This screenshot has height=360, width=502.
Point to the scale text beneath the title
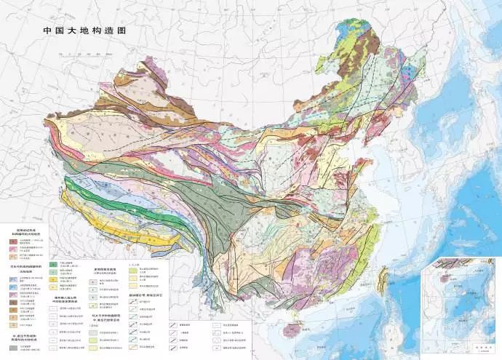coord(84,42)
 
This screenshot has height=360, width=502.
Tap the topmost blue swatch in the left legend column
coord(12,280)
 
